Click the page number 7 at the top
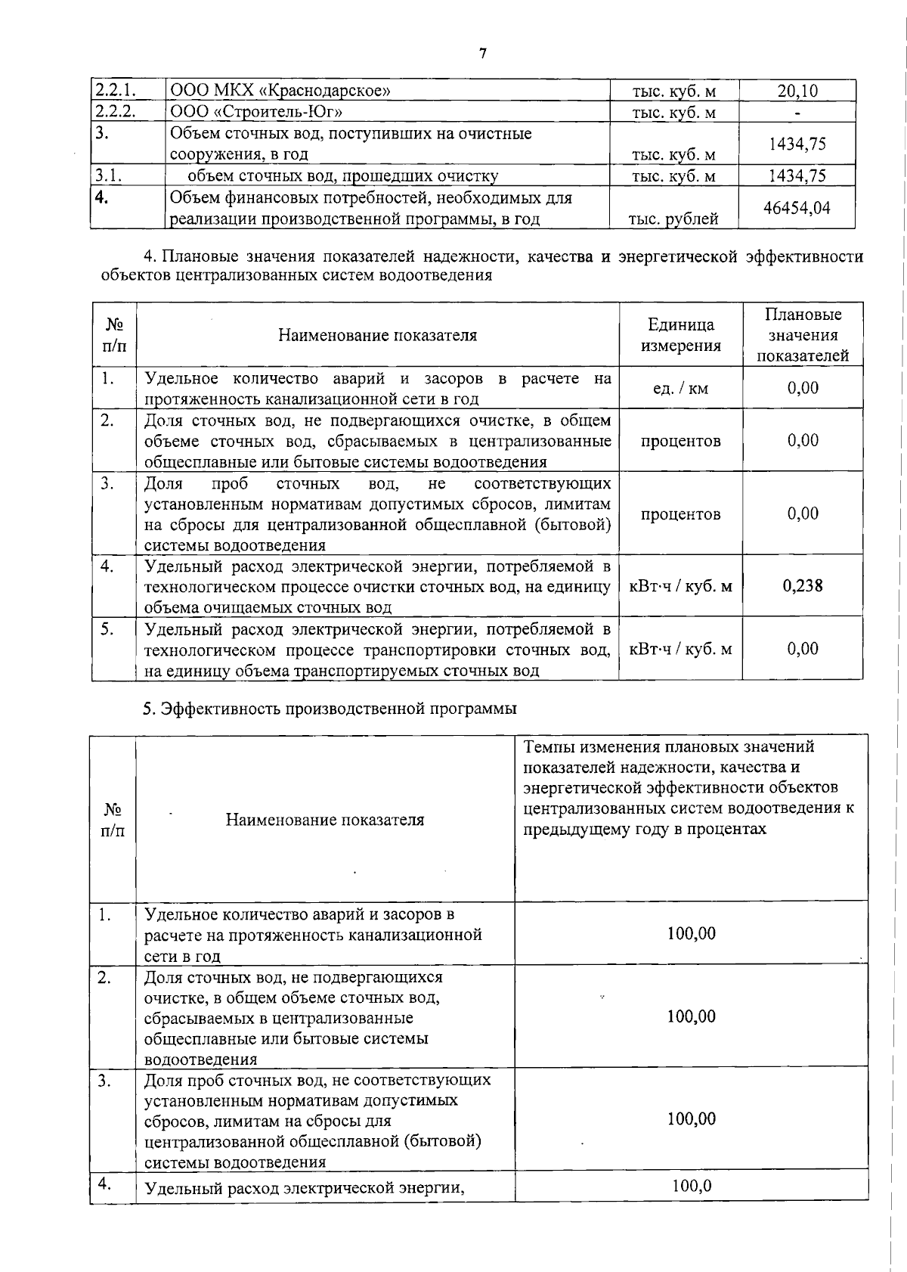click(x=483, y=54)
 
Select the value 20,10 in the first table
click(x=797, y=91)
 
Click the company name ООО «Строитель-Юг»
click(x=256, y=112)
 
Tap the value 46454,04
click(x=797, y=207)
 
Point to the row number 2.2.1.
click(x=115, y=91)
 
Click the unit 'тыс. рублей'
click(x=673, y=219)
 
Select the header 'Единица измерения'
click(x=681, y=335)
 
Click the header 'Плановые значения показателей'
click(x=803, y=335)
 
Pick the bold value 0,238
click(x=803, y=585)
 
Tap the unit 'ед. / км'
click(x=680, y=389)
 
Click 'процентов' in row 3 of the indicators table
click(x=680, y=514)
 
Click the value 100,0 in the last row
click(x=691, y=1186)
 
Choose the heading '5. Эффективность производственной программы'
click(x=330, y=709)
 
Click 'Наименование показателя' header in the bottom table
click(x=325, y=820)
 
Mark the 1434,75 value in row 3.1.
click(x=797, y=175)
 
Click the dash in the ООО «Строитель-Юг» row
click(x=797, y=113)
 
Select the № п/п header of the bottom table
click(x=113, y=820)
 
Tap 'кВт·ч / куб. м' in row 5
click(x=680, y=649)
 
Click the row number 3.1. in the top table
click(x=109, y=175)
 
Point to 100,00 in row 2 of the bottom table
click(x=691, y=1016)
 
